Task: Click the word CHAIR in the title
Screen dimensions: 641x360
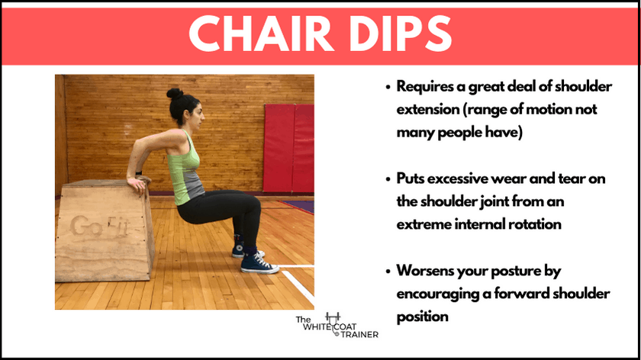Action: point(259,33)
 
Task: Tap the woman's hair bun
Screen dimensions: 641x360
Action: point(175,94)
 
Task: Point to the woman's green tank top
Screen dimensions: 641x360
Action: point(185,168)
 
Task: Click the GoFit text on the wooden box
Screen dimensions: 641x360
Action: point(99,226)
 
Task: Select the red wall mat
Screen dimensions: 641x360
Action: point(288,148)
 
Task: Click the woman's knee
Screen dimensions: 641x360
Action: point(253,204)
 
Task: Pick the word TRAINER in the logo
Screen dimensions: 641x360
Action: point(359,335)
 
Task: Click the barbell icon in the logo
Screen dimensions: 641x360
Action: point(333,317)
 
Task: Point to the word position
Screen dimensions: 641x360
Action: point(422,317)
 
